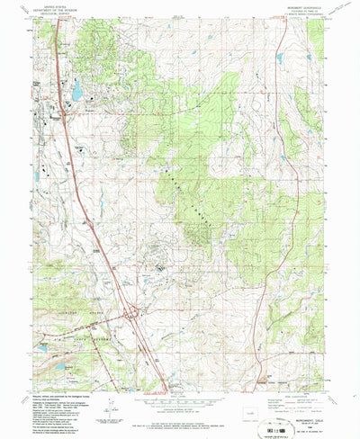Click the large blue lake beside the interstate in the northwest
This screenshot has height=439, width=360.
pos(76,89)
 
